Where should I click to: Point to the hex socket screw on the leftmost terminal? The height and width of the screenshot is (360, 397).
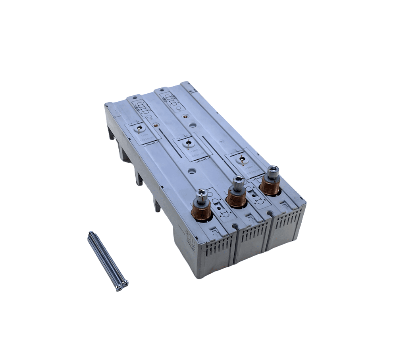201,194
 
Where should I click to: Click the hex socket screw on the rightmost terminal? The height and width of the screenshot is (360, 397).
273,171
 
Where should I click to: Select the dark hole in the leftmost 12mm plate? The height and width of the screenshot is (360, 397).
140,128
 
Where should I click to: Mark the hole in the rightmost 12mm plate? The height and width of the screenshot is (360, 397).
239,159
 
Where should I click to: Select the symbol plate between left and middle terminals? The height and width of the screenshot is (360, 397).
220,207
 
